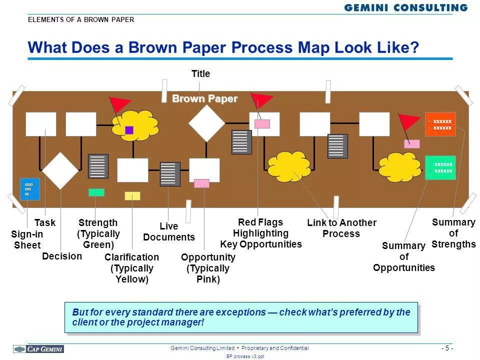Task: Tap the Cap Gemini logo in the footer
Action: point(39,348)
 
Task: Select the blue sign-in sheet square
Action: point(29,189)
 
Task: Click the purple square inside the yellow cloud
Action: point(129,130)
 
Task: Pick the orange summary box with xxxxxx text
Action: point(440,124)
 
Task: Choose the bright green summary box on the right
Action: point(440,167)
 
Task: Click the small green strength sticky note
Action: point(96,192)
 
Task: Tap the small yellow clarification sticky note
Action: point(132,196)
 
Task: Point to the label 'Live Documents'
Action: point(169,232)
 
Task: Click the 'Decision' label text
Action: point(62,256)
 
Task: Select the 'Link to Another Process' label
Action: point(341,228)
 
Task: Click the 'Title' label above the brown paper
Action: point(200,74)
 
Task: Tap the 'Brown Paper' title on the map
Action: point(204,98)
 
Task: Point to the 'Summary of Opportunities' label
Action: point(404,256)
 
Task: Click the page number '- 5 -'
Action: point(447,348)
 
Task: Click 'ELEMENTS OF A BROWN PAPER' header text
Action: point(81,20)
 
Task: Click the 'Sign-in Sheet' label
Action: point(27,239)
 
